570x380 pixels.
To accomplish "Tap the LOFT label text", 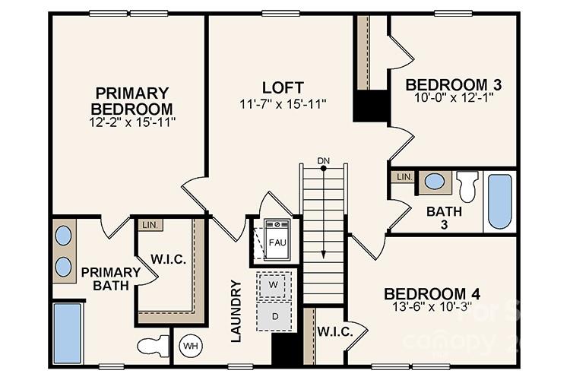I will [x=283, y=87].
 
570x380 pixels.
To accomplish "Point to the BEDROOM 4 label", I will [x=431, y=294].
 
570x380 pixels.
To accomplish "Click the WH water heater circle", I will [x=189, y=347].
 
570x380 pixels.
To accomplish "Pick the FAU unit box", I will [x=277, y=241].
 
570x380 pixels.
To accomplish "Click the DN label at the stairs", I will [x=324, y=160].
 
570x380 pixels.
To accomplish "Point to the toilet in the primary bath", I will [x=154, y=347].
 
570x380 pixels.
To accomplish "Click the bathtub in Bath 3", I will [x=499, y=201].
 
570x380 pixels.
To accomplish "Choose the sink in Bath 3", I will [x=435, y=182].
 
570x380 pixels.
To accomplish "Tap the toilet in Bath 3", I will [x=467, y=186].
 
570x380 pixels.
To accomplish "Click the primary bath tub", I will [x=68, y=333].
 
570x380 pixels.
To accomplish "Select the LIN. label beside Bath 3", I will [x=404, y=177].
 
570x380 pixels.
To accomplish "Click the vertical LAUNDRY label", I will [x=236, y=311].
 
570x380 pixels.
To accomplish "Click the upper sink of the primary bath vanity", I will [x=64, y=236].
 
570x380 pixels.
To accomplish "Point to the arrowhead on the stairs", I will [x=324, y=255].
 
